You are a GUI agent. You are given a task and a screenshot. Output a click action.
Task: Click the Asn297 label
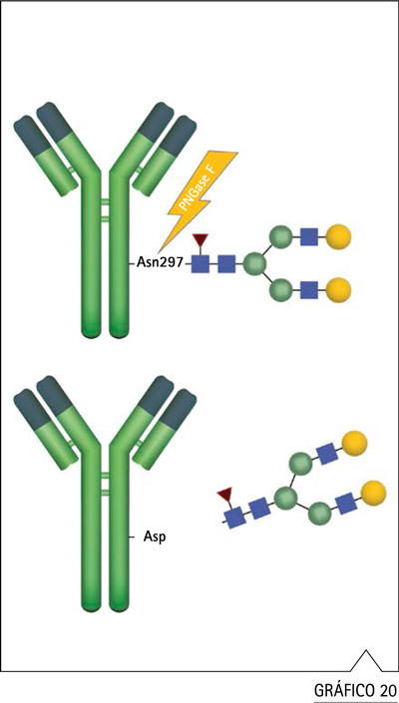[x=160, y=263]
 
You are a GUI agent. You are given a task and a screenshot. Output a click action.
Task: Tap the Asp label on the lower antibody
[x=155, y=536]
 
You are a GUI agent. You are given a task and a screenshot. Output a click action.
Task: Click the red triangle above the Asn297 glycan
[x=199, y=240]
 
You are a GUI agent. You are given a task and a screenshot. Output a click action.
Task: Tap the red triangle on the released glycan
[x=224, y=496]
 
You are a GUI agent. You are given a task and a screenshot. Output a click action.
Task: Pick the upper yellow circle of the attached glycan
[x=338, y=236]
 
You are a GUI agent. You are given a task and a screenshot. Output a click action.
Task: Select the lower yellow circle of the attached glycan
[x=338, y=289]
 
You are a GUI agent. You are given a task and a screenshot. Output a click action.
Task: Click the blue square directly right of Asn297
[x=200, y=263]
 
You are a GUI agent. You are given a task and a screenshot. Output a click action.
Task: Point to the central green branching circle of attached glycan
[x=255, y=263]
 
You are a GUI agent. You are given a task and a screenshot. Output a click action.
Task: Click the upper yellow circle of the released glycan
[x=355, y=443]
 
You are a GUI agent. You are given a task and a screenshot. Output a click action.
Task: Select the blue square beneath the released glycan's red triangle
[x=234, y=517]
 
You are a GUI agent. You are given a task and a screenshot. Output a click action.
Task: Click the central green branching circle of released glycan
[x=285, y=499]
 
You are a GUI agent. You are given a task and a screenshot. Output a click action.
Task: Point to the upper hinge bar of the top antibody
[x=105, y=202]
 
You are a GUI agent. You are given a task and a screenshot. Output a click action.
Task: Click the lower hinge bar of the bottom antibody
[x=105, y=493]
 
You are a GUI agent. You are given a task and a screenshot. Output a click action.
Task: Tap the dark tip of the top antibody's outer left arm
[x=28, y=133]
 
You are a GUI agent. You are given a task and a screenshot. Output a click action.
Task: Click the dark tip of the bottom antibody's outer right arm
[x=181, y=405]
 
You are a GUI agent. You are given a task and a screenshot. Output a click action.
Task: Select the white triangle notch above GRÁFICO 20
[x=367, y=661]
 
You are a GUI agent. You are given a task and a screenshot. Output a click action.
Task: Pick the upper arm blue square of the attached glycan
[x=309, y=236]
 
